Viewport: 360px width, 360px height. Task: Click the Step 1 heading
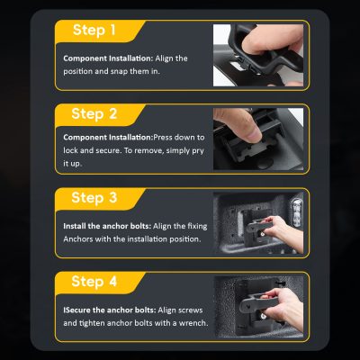pyautogui.click(x=94, y=30)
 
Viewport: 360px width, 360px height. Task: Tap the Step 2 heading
pyautogui.click(x=94, y=114)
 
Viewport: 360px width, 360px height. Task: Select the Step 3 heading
pyautogui.click(x=94, y=198)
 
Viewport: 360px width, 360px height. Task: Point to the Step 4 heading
pyautogui.click(x=94, y=282)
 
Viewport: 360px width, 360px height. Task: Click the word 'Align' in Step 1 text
pyautogui.click(x=164, y=58)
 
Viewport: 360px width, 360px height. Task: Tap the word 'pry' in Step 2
pyautogui.click(x=198, y=150)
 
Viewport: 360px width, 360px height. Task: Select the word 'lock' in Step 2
pyautogui.click(x=70, y=150)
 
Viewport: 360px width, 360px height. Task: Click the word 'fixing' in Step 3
pyautogui.click(x=197, y=227)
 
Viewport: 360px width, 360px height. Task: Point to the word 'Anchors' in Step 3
pyautogui.click(x=78, y=239)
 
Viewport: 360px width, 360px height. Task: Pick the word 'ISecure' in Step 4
pyautogui.click(x=76, y=310)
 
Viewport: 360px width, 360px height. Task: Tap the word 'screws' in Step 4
pyautogui.click(x=191, y=310)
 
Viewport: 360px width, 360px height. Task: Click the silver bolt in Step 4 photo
pyautogui.click(x=263, y=316)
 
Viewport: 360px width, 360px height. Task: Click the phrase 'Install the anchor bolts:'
pyautogui.click(x=107, y=226)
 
